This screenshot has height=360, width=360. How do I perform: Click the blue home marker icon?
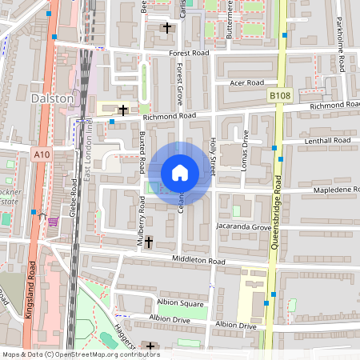click(180, 173)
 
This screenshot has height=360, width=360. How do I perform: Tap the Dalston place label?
click(52, 98)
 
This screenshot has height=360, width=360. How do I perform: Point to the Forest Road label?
click(188, 54)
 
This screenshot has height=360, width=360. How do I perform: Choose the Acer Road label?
click(246, 82)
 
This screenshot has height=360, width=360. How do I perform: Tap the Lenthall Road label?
click(327, 141)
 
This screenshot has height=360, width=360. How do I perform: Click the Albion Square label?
click(180, 304)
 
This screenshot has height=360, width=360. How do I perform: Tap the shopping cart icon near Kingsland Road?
click(53, 221)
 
